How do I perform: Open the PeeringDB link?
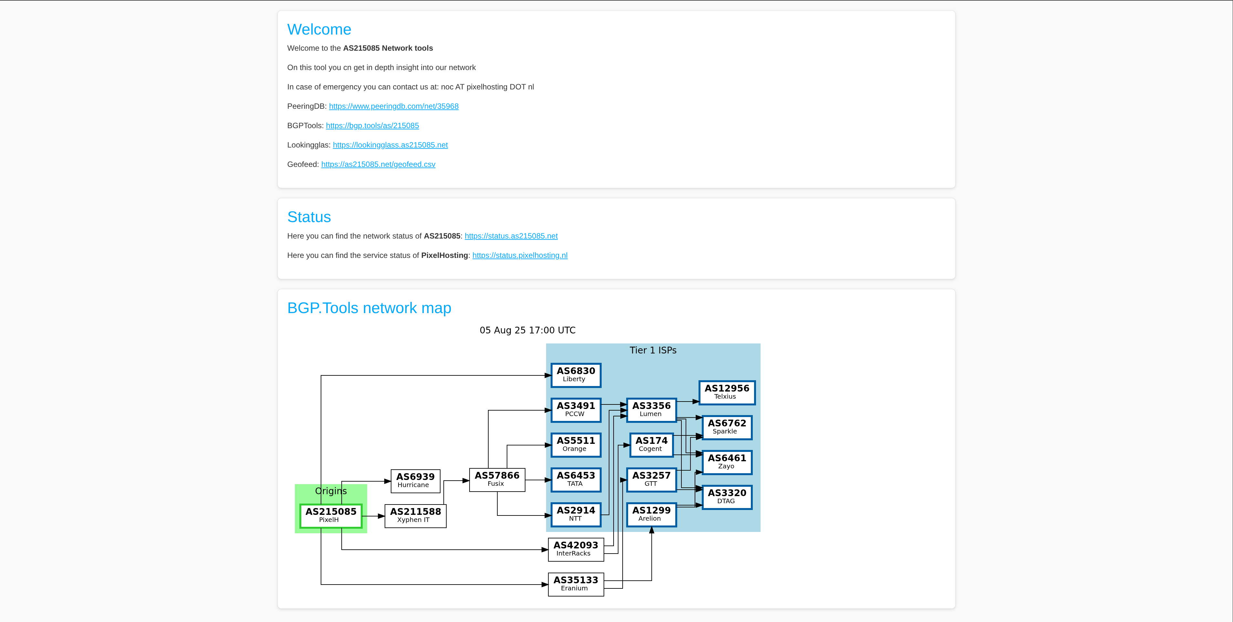[x=393, y=106]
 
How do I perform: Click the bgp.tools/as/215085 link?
[x=372, y=125]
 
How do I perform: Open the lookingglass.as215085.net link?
[x=390, y=145]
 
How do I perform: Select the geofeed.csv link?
[x=378, y=164]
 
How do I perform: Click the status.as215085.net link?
[x=511, y=236]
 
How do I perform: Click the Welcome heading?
[x=319, y=30]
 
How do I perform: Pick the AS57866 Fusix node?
[x=497, y=479]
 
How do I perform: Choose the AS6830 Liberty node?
[x=575, y=375]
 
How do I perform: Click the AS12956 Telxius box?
[x=727, y=392]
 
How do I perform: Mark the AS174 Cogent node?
[x=651, y=444]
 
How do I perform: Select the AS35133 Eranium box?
[x=575, y=584]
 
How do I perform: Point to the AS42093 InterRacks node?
[x=575, y=549]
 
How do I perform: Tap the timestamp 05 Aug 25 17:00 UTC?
[x=527, y=330]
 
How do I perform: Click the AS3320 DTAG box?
[x=727, y=497]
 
